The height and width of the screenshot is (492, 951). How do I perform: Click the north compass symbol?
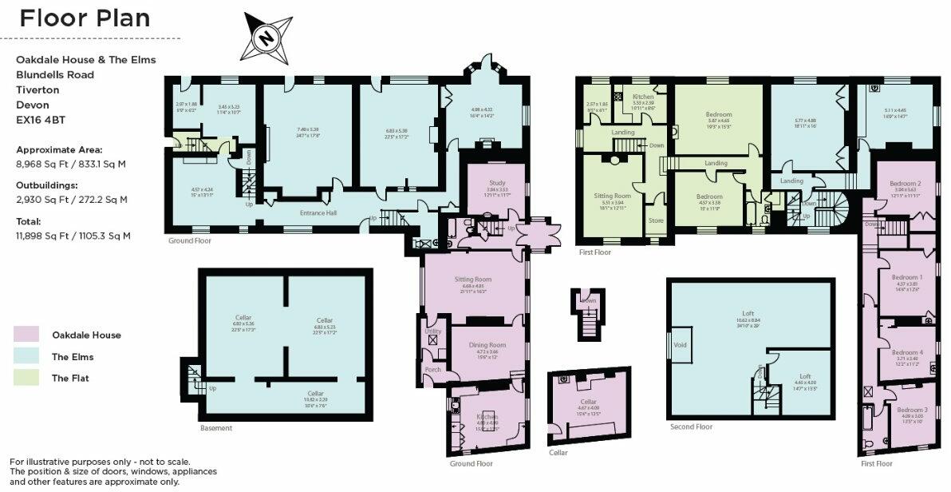[x=267, y=36]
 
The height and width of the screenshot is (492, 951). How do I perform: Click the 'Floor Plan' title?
[x=85, y=18]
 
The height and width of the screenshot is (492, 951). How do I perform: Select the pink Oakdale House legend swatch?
[x=26, y=335]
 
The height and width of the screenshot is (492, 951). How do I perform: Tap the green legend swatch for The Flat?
[x=26, y=378]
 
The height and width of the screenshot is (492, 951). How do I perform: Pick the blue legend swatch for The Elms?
[x=26, y=356]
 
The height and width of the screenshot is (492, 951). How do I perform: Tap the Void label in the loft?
[x=680, y=344]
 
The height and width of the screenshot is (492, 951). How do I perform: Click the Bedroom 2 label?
[x=906, y=183]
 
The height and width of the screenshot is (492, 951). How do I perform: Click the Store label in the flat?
[x=656, y=220]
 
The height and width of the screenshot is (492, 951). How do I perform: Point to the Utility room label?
[x=433, y=330]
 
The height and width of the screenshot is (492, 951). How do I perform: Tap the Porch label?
[x=433, y=370]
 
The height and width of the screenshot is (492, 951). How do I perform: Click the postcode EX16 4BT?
[x=44, y=120]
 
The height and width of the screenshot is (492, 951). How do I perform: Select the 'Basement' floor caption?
[x=216, y=428]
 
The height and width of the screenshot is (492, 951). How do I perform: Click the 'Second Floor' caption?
[x=692, y=427]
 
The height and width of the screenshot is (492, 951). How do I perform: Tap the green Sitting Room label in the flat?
[x=613, y=195]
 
